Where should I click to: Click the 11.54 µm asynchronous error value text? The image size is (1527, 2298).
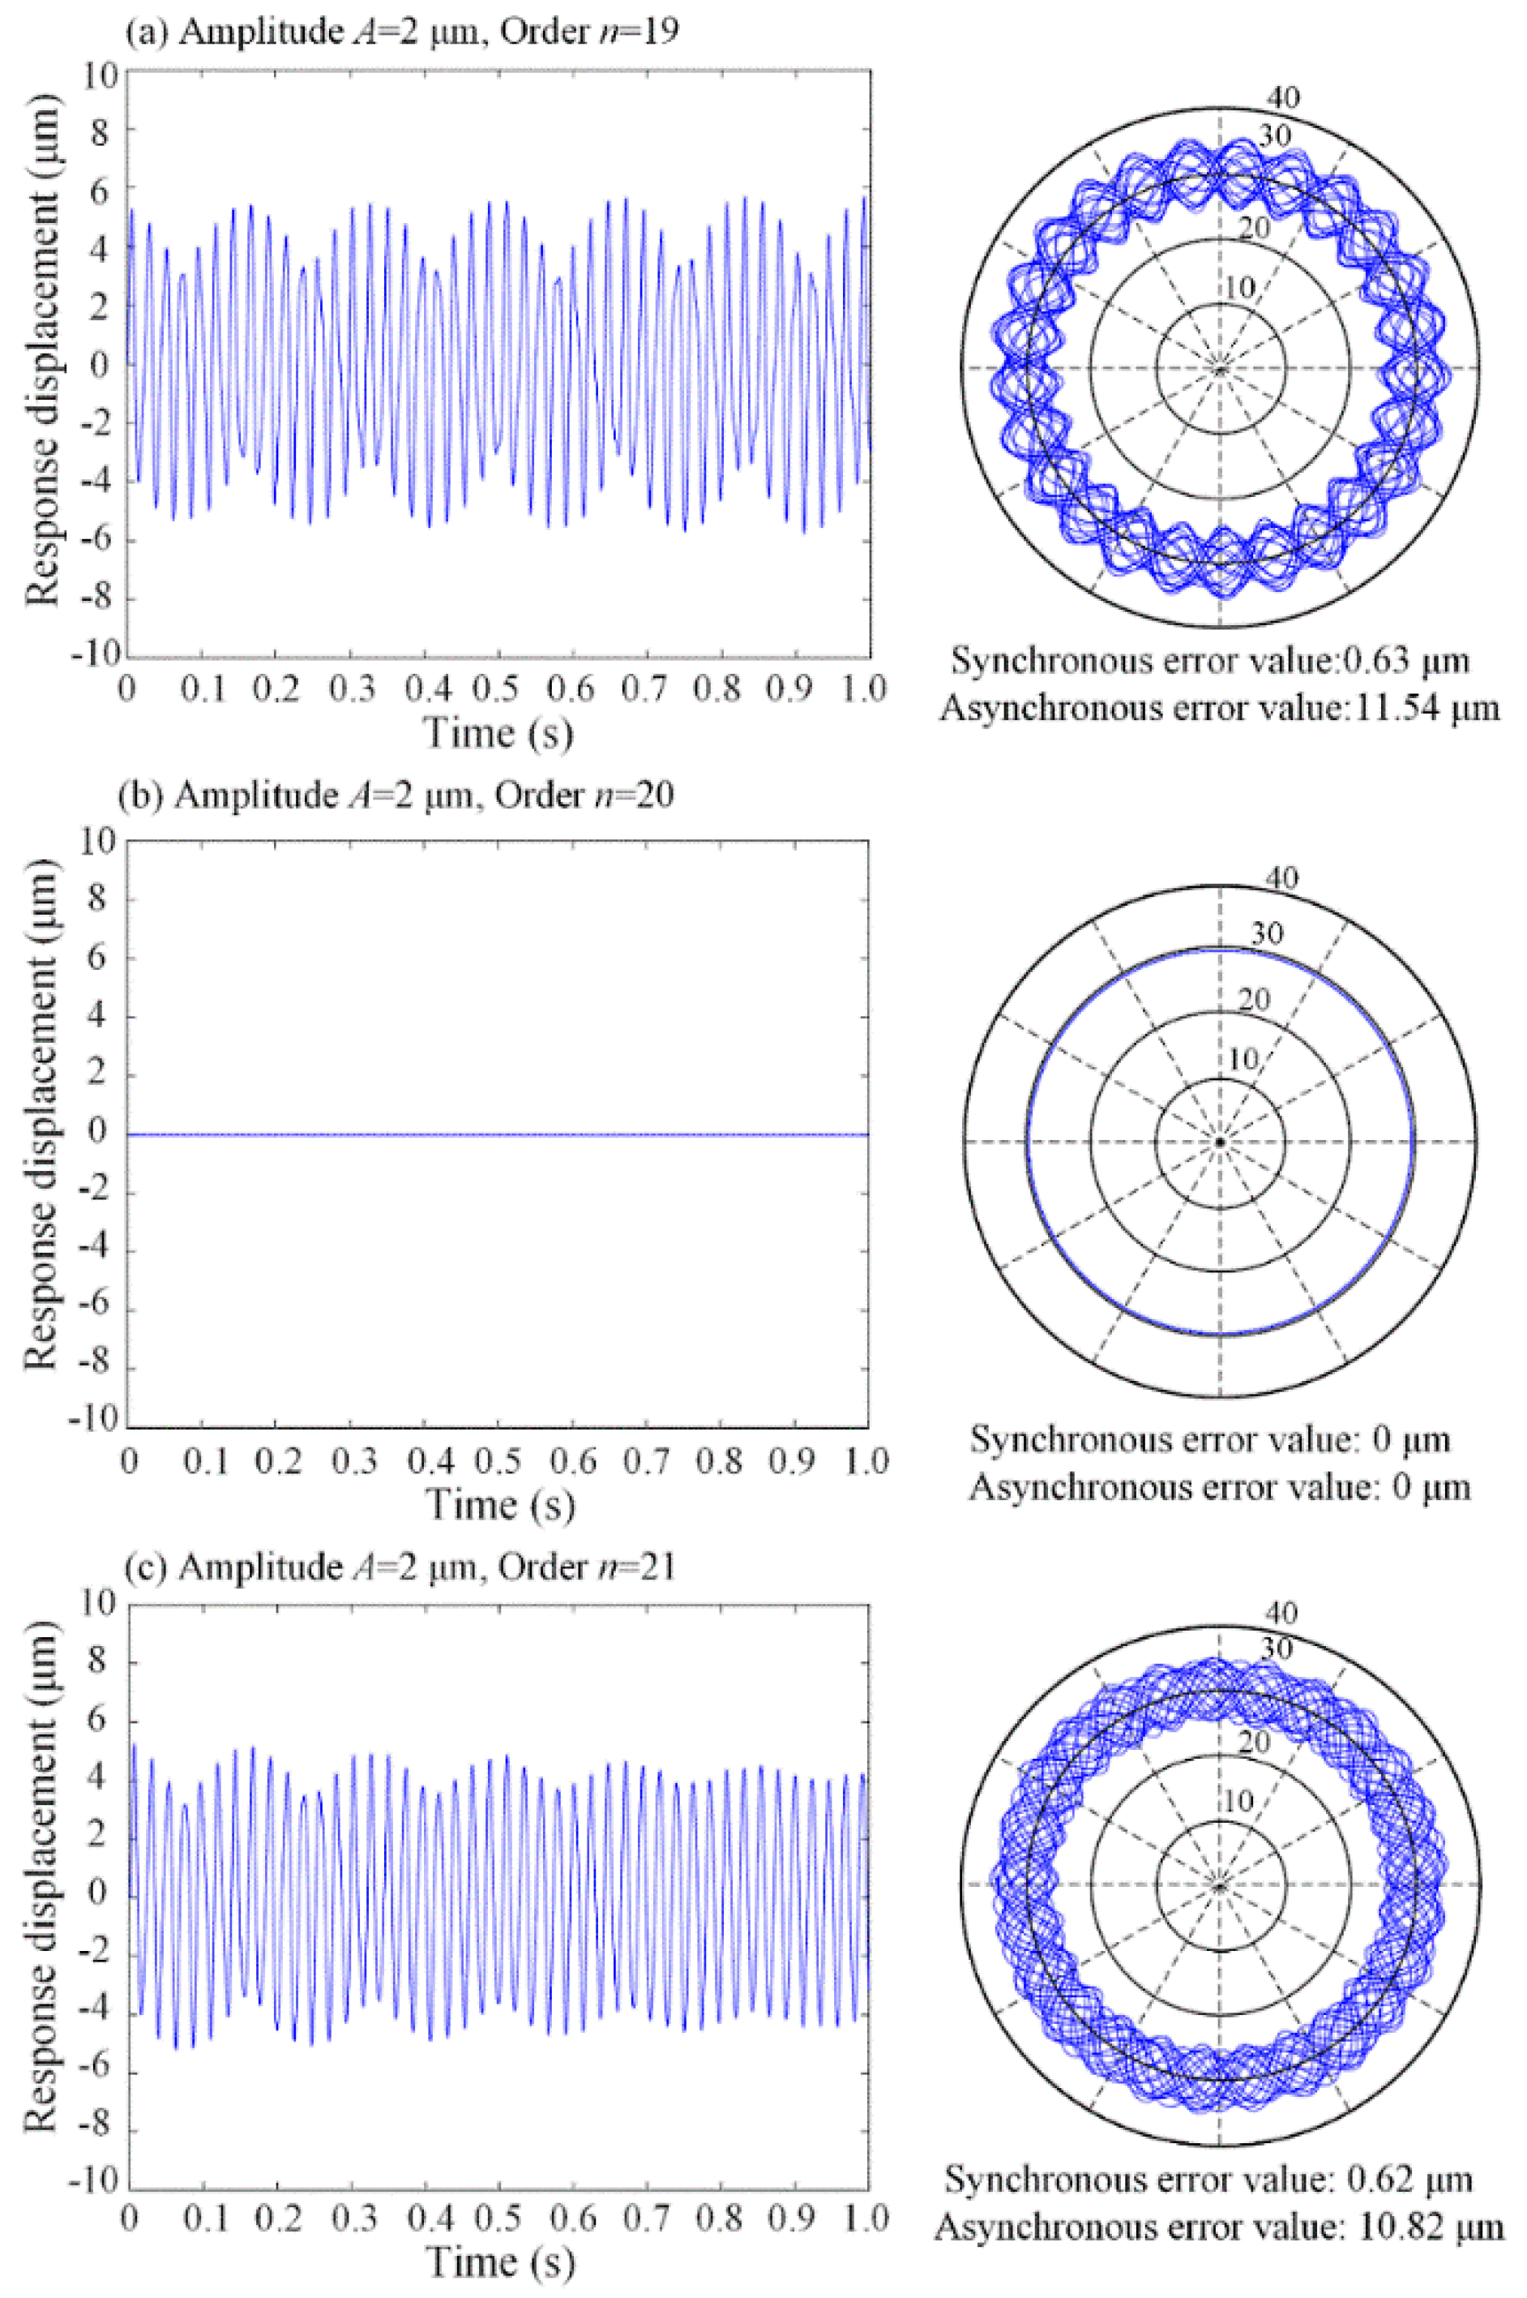1219,708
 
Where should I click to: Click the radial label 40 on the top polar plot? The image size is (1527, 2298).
1282,96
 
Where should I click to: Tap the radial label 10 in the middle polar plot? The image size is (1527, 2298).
1243,1059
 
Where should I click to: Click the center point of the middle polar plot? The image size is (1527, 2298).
1219,1142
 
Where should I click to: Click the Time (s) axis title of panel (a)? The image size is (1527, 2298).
498,732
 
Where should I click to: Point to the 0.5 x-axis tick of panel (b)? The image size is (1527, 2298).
498,1461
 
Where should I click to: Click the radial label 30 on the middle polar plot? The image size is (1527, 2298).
1267,933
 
